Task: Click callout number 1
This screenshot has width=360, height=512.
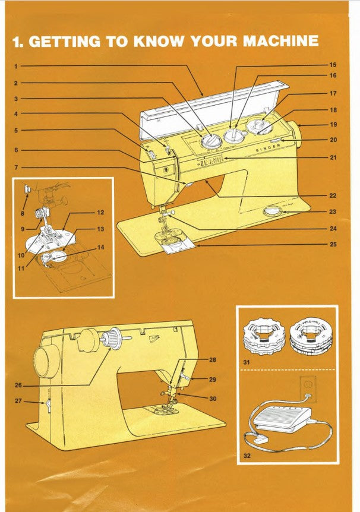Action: tap(17, 64)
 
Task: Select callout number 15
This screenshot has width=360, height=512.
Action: tap(333, 64)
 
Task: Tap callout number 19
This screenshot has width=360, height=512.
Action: tap(333, 125)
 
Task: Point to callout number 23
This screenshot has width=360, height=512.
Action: tap(333, 211)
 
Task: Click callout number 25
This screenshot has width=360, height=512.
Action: tap(333, 244)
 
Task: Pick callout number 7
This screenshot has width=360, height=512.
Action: tap(17, 168)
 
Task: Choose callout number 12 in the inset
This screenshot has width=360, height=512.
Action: tap(100, 212)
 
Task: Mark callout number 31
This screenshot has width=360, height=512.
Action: tap(247, 361)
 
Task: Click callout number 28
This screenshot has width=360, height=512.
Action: tap(213, 360)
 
